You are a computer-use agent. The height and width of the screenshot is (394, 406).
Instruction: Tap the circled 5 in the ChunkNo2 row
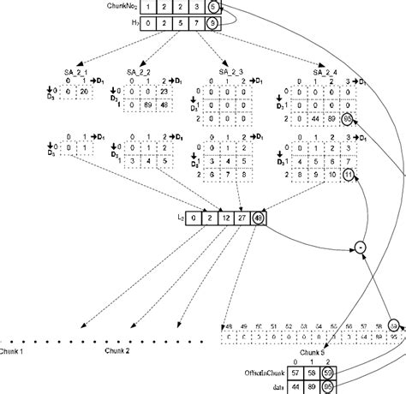[x=213, y=7]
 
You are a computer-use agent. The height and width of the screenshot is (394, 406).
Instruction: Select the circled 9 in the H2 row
[x=213, y=23]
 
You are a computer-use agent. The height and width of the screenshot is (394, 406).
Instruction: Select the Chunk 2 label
[x=117, y=351]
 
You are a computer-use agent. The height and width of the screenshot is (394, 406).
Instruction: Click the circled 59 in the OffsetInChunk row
[x=328, y=374]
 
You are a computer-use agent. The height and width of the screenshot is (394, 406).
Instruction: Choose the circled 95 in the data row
[x=328, y=387]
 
